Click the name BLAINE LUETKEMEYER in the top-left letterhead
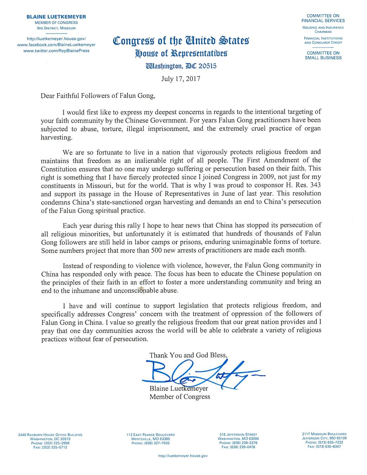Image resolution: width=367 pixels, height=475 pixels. coord(56,17)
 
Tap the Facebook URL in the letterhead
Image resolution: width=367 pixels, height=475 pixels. coord(56,45)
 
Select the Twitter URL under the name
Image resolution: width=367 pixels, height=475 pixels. coord(56,50)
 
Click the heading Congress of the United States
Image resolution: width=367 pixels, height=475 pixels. coord(181,40)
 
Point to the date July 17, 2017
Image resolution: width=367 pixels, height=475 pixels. coord(181,78)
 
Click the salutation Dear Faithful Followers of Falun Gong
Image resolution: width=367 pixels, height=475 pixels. coord(98,95)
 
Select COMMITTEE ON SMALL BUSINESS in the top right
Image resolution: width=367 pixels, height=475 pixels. coord(323,55)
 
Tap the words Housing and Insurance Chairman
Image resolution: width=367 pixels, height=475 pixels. coord(323,29)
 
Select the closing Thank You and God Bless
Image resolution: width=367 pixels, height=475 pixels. coord(188,355)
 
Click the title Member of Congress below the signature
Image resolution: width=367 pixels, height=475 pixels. coord(180,397)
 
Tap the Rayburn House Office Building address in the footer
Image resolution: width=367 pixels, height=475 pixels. coord(50,435)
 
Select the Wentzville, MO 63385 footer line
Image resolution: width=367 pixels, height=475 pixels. coord(151,439)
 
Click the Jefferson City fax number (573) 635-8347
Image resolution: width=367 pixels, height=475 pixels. coord(324,446)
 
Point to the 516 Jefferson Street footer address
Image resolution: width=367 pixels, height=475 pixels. coord(238,435)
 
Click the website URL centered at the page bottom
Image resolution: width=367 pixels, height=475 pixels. coord(183,456)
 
